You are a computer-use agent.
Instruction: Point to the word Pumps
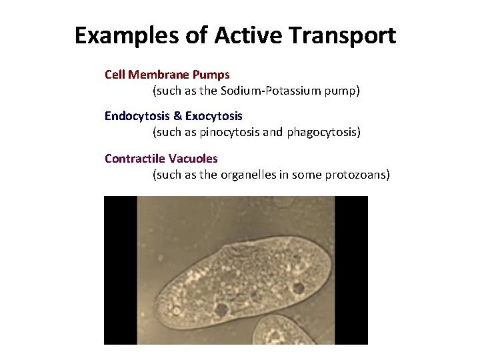click(x=212, y=74)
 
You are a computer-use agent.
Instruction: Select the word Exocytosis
click(x=214, y=116)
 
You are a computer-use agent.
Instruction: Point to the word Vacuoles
click(x=193, y=159)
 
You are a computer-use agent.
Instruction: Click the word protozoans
click(x=357, y=175)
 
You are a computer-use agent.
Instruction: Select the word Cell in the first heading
click(x=114, y=74)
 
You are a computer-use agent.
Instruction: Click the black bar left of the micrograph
click(x=120, y=270)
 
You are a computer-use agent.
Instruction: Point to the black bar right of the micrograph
click(x=351, y=270)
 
